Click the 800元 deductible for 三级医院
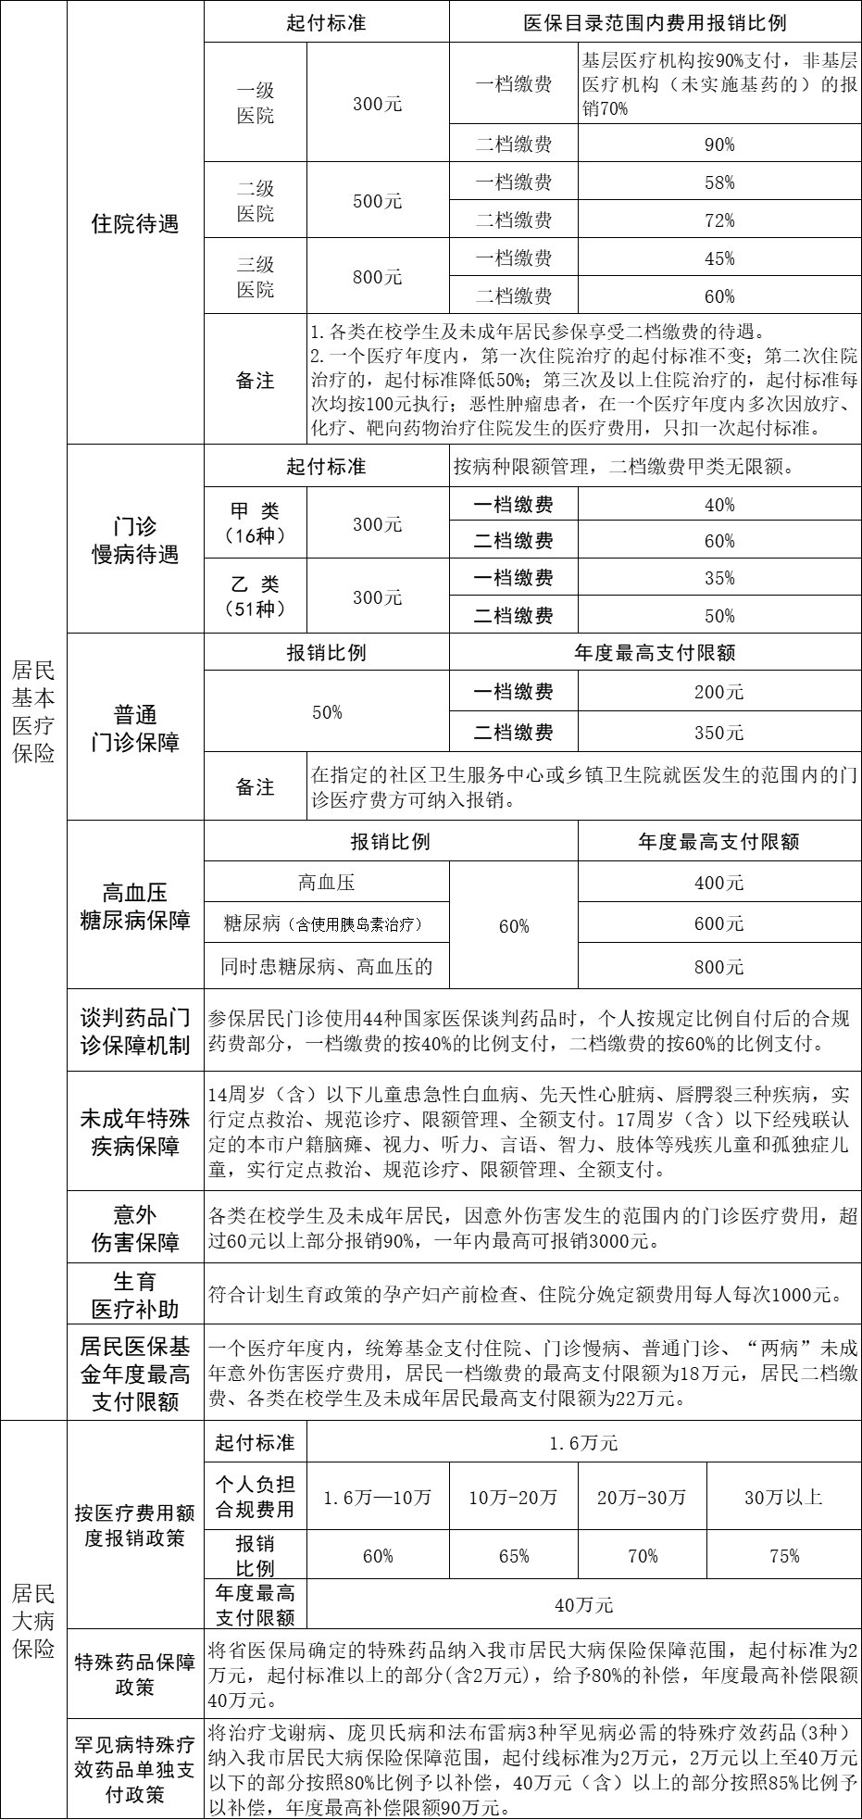[378, 276]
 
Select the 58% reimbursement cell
[719, 182]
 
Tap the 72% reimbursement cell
[719, 220]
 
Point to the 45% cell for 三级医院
[719, 258]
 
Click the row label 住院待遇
[135, 223]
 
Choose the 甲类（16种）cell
[255, 523]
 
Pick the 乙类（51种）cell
[255, 596]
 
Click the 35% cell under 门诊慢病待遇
[719, 578]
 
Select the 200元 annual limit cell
[719, 692]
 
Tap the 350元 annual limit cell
[719, 733]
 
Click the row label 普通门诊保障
[135, 728]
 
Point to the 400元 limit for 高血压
[719, 883]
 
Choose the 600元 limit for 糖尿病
[719, 924]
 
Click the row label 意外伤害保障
[135, 1228]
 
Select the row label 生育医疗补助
[135, 1295]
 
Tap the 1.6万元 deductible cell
[583, 1443]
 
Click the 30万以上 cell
[783, 1497]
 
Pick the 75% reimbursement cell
[783, 1556]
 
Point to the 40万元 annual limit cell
[583, 1604]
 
